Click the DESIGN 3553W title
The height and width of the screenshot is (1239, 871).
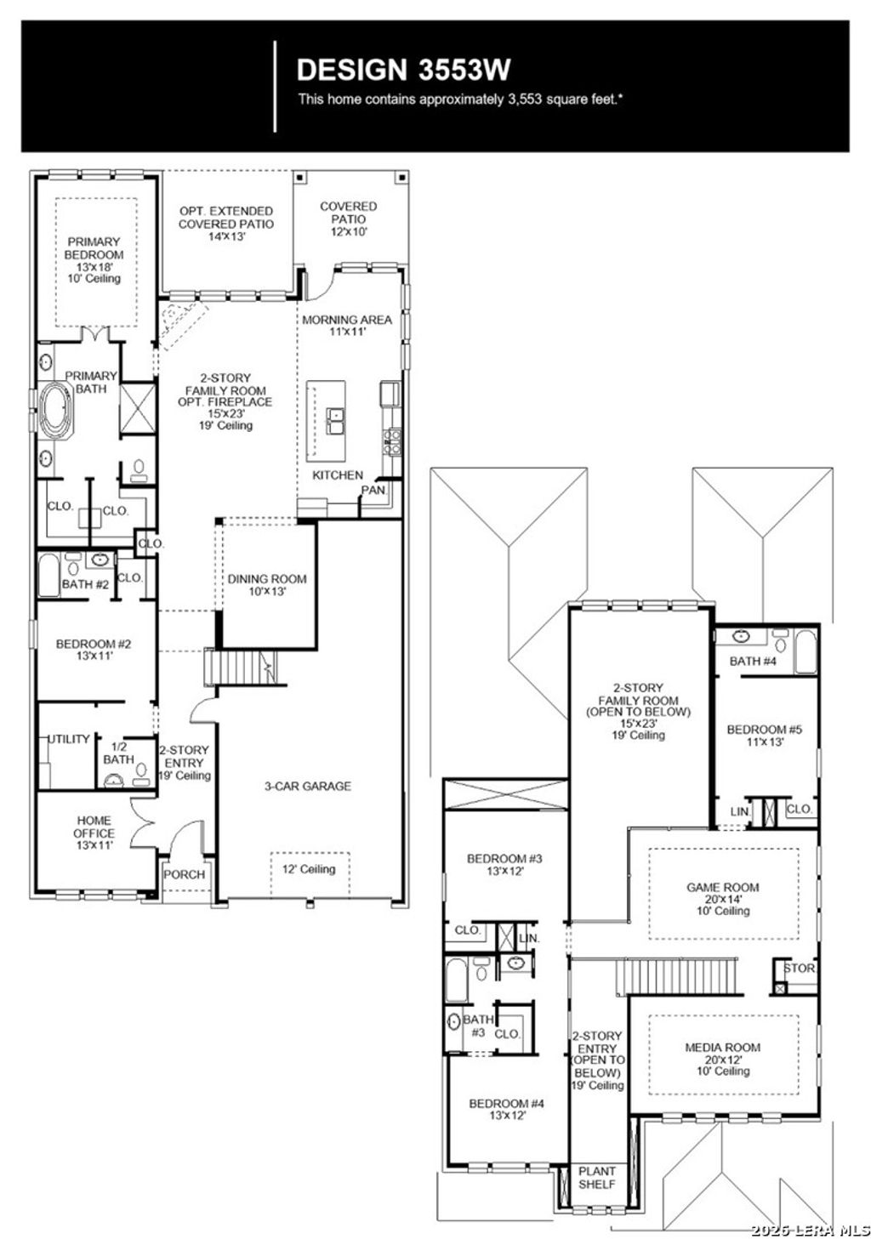[x=403, y=70]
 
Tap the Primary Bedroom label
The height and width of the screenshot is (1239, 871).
[x=94, y=248]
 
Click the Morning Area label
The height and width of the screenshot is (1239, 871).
[x=347, y=320]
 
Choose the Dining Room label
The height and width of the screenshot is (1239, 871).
[x=267, y=579]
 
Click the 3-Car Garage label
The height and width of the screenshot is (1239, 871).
[x=307, y=787]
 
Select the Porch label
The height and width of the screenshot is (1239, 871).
[x=185, y=874]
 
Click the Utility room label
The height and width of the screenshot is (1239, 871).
[x=69, y=739]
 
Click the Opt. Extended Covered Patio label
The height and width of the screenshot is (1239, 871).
[x=226, y=218]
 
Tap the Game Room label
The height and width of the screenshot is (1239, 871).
[x=723, y=887]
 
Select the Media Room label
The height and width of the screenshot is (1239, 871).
[x=723, y=1048]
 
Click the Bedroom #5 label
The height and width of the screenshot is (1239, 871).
[x=764, y=730]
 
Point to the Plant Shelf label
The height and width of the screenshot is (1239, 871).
[x=597, y=1178]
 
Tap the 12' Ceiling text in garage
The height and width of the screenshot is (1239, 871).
[x=309, y=869]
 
